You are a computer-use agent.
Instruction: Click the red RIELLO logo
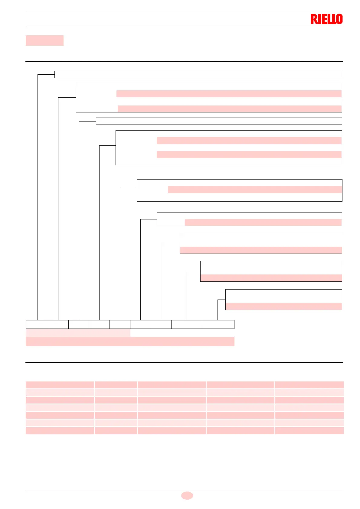[x=326, y=19]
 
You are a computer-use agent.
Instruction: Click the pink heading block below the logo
[x=44, y=41]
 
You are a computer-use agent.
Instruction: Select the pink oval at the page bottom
[x=187, y=495]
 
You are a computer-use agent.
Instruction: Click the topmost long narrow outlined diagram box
[x=198, y=74]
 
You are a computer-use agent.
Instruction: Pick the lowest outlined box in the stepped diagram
[x=283, y=300]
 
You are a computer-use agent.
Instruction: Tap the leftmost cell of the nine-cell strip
[x=37, y=324]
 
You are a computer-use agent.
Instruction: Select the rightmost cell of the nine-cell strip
[x=218, y=324]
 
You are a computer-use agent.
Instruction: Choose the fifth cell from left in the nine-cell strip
[x=120, y=324]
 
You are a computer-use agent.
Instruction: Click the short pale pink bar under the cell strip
[x=78, y=333]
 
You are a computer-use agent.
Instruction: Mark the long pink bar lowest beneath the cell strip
[x=130, y=342]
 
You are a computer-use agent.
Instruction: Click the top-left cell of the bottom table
[x=60, y=385]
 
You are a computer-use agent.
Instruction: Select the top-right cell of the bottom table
[x=309, y=385]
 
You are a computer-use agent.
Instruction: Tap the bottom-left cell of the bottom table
[x=60, y=431]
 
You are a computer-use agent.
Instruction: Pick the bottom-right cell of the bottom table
[x=309, y=431]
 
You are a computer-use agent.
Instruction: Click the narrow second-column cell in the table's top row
[x=116, y=385]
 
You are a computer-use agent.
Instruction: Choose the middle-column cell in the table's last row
[x=172, y=431]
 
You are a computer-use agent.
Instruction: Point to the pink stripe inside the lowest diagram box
[x=283, y=306]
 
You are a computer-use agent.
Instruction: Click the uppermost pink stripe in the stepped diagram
[x=229, y=94]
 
